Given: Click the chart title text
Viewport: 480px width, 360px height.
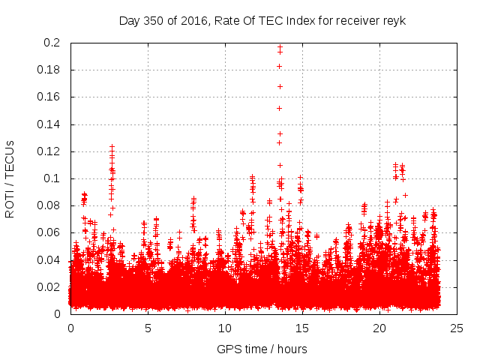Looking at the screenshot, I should click(262, 20).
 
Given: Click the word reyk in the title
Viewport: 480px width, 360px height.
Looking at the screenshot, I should click(392, 20).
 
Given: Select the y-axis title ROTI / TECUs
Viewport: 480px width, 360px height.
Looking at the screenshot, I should click(10, 178).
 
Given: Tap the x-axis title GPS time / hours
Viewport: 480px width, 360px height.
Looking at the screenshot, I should click(262, 349).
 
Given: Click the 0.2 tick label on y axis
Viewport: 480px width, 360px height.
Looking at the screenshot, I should click(52, 43).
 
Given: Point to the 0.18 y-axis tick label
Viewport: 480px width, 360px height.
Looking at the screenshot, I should click(49, 70).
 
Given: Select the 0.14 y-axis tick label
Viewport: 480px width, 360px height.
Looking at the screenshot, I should click(49, 124).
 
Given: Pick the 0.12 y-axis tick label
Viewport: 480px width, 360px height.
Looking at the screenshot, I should click(49, 151).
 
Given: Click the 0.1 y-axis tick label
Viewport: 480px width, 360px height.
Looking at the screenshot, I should click(52, 178).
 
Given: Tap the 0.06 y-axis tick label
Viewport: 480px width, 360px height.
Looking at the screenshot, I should click(49, 232).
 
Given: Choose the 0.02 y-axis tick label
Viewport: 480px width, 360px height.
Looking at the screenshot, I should click(49, 287).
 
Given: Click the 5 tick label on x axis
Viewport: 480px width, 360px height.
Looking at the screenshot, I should click(148, 328).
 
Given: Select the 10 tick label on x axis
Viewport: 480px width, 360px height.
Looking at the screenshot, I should click(225, 328).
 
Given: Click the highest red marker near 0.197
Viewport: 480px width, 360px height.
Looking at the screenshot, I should click(280, 47).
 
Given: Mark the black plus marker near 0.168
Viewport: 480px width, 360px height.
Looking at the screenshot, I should click(280, 86).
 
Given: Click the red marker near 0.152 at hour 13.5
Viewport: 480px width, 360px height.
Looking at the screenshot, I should click(280, 108).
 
